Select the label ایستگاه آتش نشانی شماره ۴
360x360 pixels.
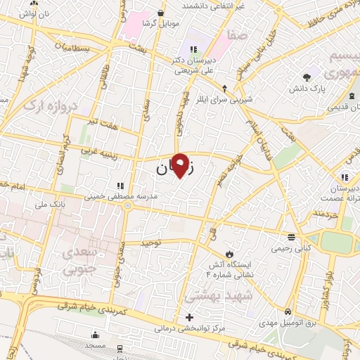tap(229, 267)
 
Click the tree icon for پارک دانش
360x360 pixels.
tap(306, 77)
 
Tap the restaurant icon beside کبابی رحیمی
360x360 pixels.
tap(291, 236)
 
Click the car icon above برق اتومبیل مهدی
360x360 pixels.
tap(288, 311)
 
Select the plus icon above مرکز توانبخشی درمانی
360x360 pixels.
tap(188, 317)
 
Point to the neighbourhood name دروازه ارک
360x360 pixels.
tap(53, 105)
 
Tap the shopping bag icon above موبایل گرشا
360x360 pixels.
tap(162, 12)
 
